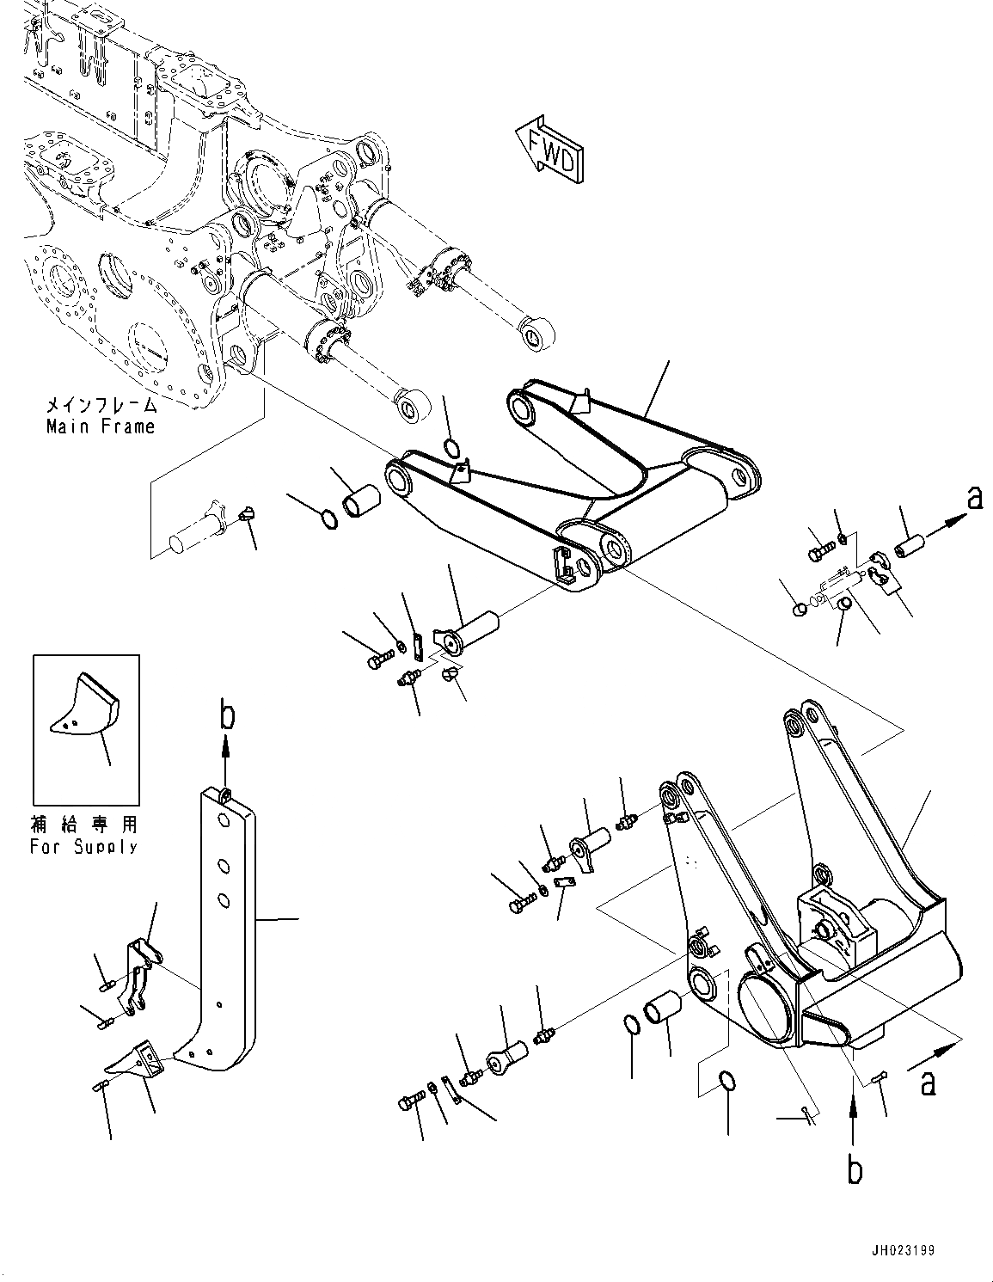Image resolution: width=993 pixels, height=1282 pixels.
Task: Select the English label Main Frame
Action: [101, 426]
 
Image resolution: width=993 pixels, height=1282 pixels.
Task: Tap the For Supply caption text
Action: [84, 847]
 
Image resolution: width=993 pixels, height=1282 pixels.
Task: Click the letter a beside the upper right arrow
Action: [976, 498]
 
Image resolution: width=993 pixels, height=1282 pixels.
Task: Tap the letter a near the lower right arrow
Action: [929, 1083]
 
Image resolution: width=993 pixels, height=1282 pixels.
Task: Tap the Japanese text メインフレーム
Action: [101, 405]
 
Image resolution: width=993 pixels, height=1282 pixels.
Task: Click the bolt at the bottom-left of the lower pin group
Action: [412, 1101]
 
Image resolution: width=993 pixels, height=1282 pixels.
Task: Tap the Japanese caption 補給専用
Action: [85, 824]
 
